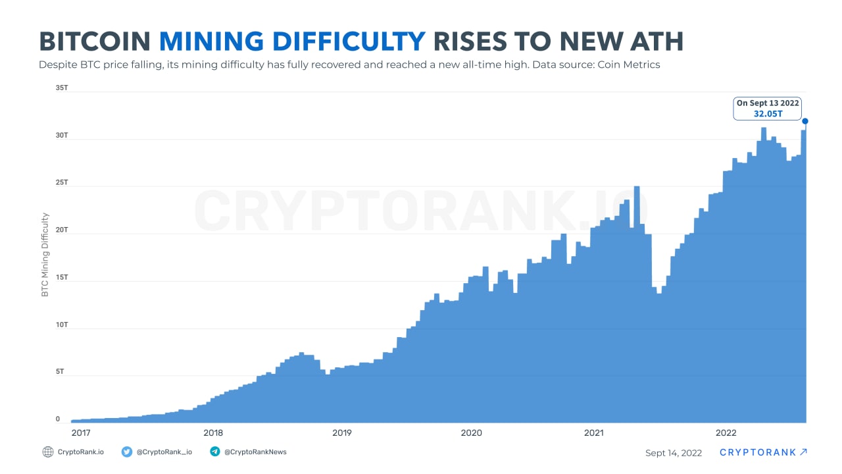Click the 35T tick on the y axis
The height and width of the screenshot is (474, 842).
(62, 88)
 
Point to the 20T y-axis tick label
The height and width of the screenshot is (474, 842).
(62, 230)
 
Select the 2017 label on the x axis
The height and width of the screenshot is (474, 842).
(81, 433)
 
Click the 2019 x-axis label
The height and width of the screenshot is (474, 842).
(341, 433)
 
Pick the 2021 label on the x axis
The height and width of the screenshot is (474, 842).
(594, 433)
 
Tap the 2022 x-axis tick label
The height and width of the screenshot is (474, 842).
(726, 433)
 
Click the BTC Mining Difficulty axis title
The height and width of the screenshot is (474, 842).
(45, 254)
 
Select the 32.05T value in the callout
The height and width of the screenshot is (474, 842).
(768, 113)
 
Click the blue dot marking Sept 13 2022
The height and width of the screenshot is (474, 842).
(805, 121)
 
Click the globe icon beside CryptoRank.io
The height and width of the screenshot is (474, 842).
(48, 452)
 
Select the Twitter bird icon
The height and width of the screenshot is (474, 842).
(127, 452)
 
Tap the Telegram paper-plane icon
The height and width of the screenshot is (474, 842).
(214, 452)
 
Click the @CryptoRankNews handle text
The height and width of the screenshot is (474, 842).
(255, 452)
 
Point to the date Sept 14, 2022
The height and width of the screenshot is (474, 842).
(674, 453)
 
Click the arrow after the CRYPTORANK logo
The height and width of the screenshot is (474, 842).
(803, 452)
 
